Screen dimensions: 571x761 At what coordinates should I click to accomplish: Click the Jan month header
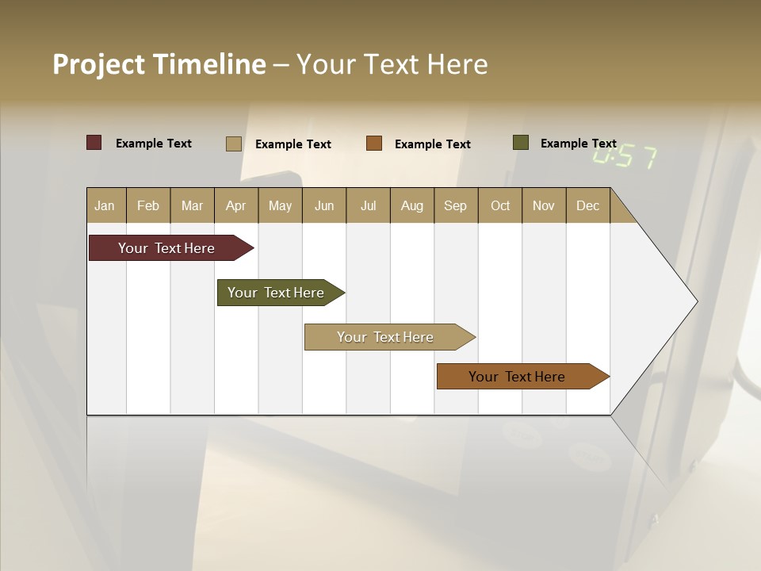click(x=105, y=205)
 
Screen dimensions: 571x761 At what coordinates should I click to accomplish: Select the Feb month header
click(x=148, y=205)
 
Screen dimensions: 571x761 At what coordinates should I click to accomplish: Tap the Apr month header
click(x=236, y=205)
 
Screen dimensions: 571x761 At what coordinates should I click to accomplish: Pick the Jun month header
click(x=324, y=205)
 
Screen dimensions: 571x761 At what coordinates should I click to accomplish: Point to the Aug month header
click(x=412, y=205)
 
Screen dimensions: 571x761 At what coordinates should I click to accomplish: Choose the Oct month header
click(x=500, y=205)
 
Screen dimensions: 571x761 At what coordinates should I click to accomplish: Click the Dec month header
click(x=588, y=205)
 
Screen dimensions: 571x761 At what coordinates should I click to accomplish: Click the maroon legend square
click(x=94, y=143)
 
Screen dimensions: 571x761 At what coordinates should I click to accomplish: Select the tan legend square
click(x=234, y=144)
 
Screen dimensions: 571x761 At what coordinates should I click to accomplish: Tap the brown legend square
click(x=374, y=144)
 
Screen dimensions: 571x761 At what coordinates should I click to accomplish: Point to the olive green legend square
click(x=520, y=143)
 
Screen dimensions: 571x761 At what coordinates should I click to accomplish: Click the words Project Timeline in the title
click(x=159, y=64)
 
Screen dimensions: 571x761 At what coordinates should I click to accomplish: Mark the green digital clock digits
click(x=625, y=156)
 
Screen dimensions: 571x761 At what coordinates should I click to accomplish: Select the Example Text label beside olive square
click(x=579, y=144)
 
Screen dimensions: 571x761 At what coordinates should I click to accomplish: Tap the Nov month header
click(x=544, y=205)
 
